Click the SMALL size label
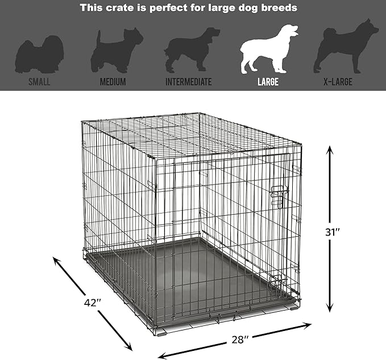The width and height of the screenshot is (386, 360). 40,82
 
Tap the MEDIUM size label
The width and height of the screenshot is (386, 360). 113,82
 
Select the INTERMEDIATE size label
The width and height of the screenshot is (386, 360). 189,82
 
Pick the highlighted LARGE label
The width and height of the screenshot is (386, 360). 267,82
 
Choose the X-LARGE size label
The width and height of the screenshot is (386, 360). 338,82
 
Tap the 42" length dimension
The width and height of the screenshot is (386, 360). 90,302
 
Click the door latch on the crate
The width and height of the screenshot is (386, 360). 279,196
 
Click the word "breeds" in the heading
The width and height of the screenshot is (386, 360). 281,9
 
